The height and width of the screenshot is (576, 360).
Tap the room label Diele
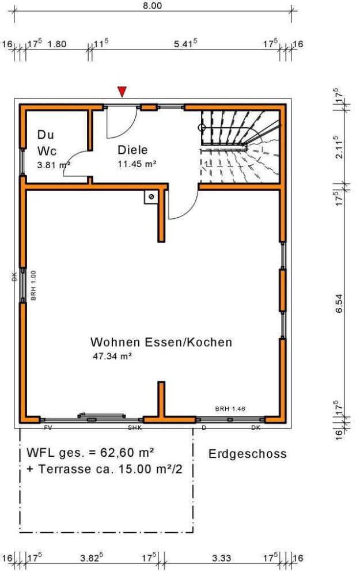point(133,150)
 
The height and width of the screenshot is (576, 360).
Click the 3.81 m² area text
point(53,164)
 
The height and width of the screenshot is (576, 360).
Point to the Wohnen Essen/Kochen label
point(161,342)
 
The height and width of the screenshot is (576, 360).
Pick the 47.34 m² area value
point(112,356)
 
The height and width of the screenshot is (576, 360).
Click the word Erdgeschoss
point(247,454)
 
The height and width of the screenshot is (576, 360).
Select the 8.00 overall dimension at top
point(152,6)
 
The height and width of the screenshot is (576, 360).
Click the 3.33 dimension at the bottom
point(222,558)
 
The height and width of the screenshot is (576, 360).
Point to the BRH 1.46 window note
point(230,409)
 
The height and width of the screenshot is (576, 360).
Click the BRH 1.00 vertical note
point(33,286)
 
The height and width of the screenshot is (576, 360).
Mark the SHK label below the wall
point(134,428)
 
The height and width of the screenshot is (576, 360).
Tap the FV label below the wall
point(48,428)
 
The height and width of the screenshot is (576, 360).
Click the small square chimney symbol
point(151,197)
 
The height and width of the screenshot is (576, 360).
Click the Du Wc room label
point(46,143)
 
